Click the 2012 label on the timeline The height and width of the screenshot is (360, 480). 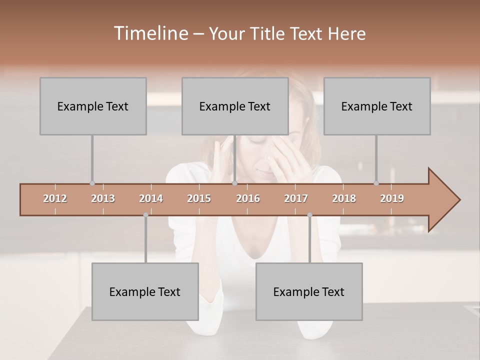click(x=55, y=198)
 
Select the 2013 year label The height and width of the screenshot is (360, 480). click(x=103, y=198)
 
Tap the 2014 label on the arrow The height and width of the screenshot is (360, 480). click(x=151, y=198)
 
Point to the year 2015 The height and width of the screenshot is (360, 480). click(x=199, y=198)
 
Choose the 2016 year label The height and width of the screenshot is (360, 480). click(x=248, y=198)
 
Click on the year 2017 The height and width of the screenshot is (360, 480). click(x=296, y=198)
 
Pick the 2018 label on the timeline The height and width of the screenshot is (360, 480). click(x=344, y=198)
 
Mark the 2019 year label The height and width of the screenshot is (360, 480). click(x=392, y=198)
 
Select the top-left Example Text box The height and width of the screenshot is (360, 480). click(x=93, y=106)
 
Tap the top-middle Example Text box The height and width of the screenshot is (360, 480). click(x=235, y=106)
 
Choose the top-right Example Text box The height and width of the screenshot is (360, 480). click(x=377, y=106)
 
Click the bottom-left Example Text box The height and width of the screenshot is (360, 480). click(x=145, y=291)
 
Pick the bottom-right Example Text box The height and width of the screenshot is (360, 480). click(x=309, y=291)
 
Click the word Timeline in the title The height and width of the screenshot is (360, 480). click(x=150, y=33)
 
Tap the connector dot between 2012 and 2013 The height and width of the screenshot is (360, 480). click(x=92, y=183)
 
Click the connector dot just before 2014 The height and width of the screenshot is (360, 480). click(x=145, y=215)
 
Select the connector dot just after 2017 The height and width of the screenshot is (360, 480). click(x=309, y=215)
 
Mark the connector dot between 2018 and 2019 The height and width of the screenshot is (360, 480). click(x=376, y=183)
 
